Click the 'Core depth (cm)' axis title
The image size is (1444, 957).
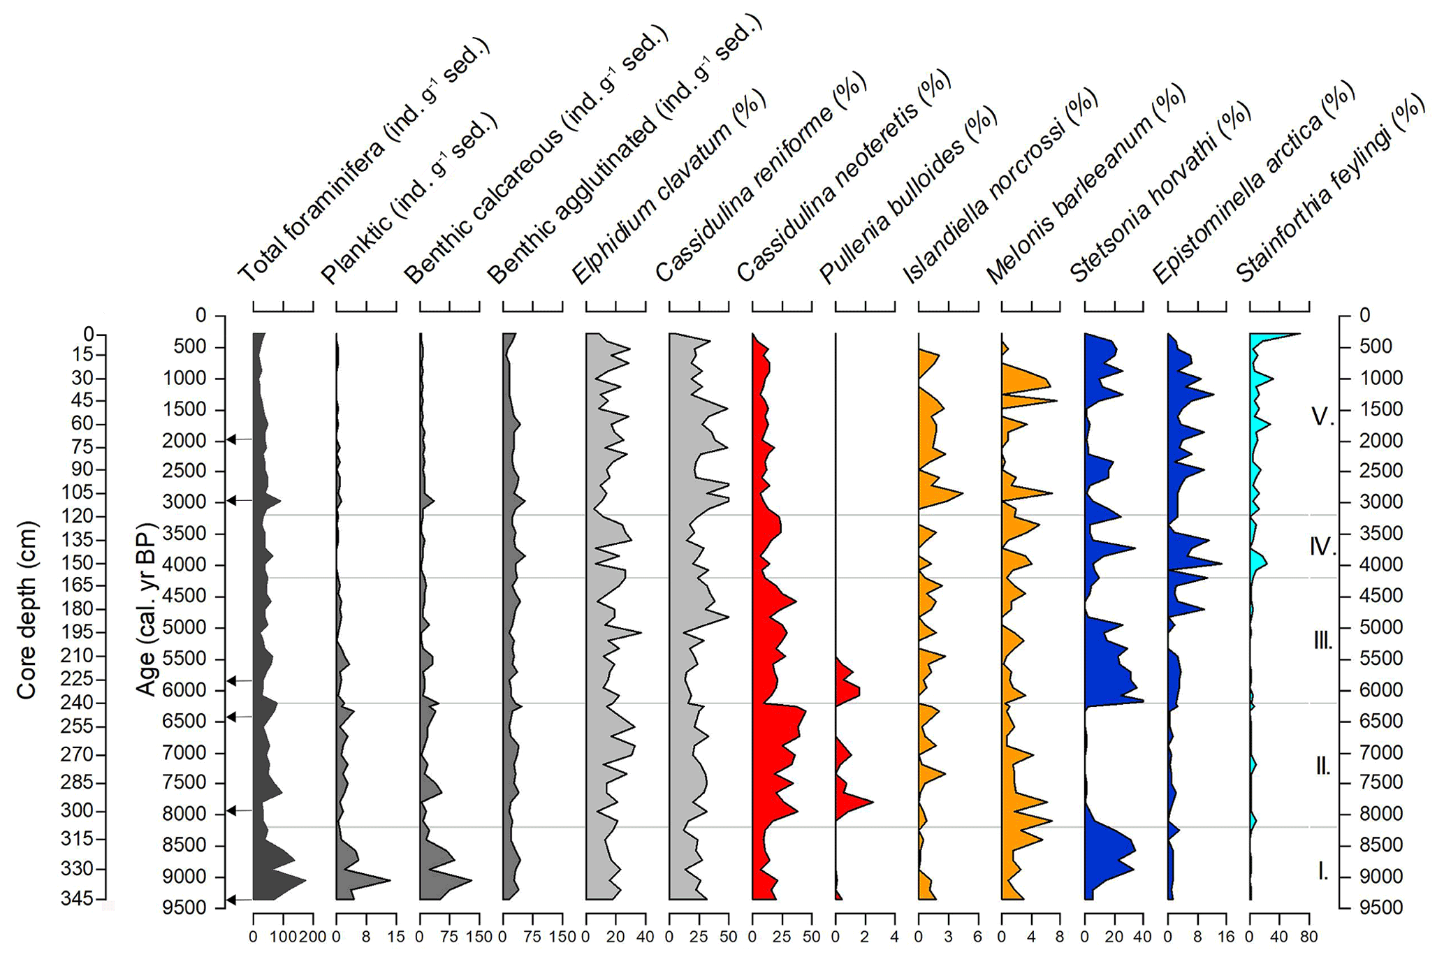26,609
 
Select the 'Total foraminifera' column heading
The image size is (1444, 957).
363,161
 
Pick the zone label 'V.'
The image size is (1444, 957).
1322,417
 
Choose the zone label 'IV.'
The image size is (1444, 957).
1322,546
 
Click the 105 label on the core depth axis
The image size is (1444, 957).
78,492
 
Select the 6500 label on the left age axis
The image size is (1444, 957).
184,721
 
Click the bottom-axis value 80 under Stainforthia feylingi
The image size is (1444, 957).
1308,937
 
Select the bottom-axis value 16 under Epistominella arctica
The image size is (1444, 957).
1227,937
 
